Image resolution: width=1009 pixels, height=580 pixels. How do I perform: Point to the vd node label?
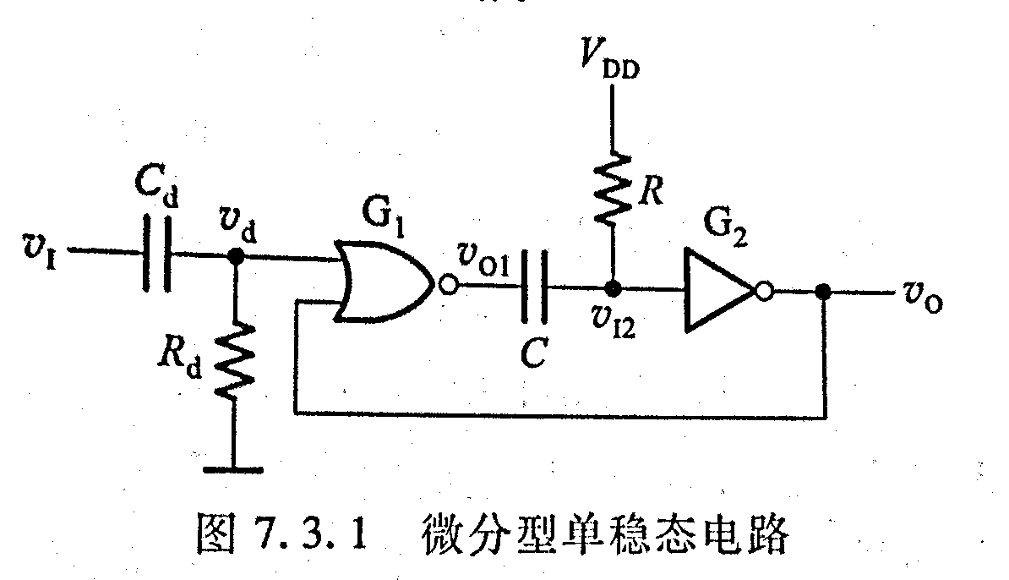[239, 222]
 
